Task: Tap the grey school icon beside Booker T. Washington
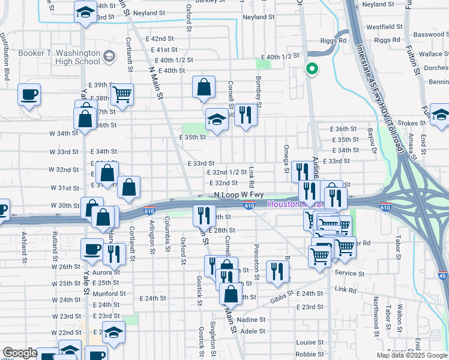point(109,58)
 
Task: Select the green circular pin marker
point(312,68)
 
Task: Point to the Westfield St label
point(384,27)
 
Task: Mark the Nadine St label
point(252,320)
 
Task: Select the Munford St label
point(109,293)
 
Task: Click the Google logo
point(20,353)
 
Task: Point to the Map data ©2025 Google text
point(411,355)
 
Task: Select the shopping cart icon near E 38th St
point(122,94)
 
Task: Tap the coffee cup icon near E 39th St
point(29,94)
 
